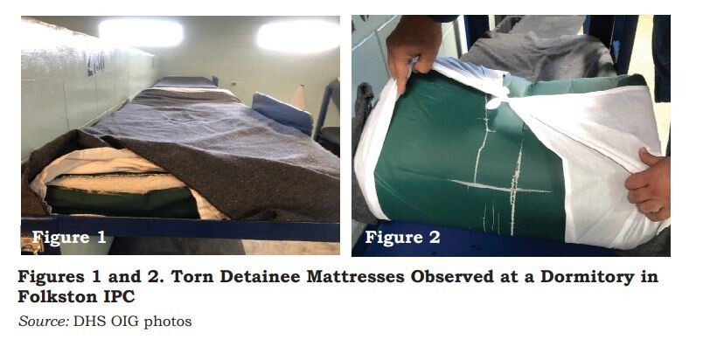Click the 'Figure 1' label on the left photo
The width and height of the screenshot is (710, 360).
coord(69,237)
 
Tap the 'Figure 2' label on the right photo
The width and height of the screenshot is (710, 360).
coord(402,237)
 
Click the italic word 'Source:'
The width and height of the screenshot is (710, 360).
coord(44,321)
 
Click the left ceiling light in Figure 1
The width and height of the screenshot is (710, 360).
coord(141,33)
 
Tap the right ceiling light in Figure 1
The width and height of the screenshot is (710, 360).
coord(298,35)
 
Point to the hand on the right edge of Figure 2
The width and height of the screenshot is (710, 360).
coord(648,184)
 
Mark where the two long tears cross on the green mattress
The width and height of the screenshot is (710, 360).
coord(514,188)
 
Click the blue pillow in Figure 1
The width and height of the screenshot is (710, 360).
coord(282,112)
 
